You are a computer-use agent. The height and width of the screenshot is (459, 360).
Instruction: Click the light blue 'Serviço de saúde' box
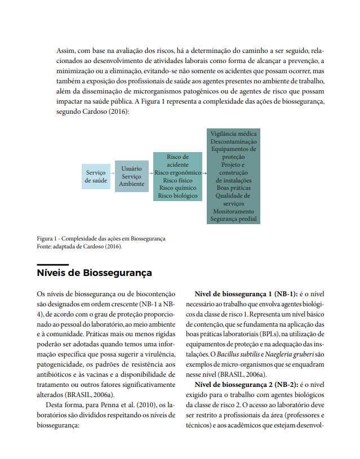[96, 176]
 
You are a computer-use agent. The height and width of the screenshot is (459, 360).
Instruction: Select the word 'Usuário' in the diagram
[131, 168]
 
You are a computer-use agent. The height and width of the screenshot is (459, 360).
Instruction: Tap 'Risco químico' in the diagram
[177, 188]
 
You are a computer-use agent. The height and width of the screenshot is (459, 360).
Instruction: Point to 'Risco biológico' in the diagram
[177, 196]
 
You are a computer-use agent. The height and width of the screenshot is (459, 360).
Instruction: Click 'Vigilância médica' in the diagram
[233, 134]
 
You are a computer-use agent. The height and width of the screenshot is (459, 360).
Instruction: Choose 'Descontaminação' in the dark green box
[233, 142]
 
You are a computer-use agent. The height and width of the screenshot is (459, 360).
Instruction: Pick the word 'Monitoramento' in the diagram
[233, 211]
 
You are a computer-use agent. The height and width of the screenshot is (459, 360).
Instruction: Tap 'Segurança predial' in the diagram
[233, 219]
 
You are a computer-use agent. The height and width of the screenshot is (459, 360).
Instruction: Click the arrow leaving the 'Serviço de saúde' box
[113, 176]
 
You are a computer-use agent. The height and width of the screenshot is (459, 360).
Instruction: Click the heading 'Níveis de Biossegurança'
[94, 273]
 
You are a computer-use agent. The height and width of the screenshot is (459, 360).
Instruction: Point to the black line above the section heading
[52, 264]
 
